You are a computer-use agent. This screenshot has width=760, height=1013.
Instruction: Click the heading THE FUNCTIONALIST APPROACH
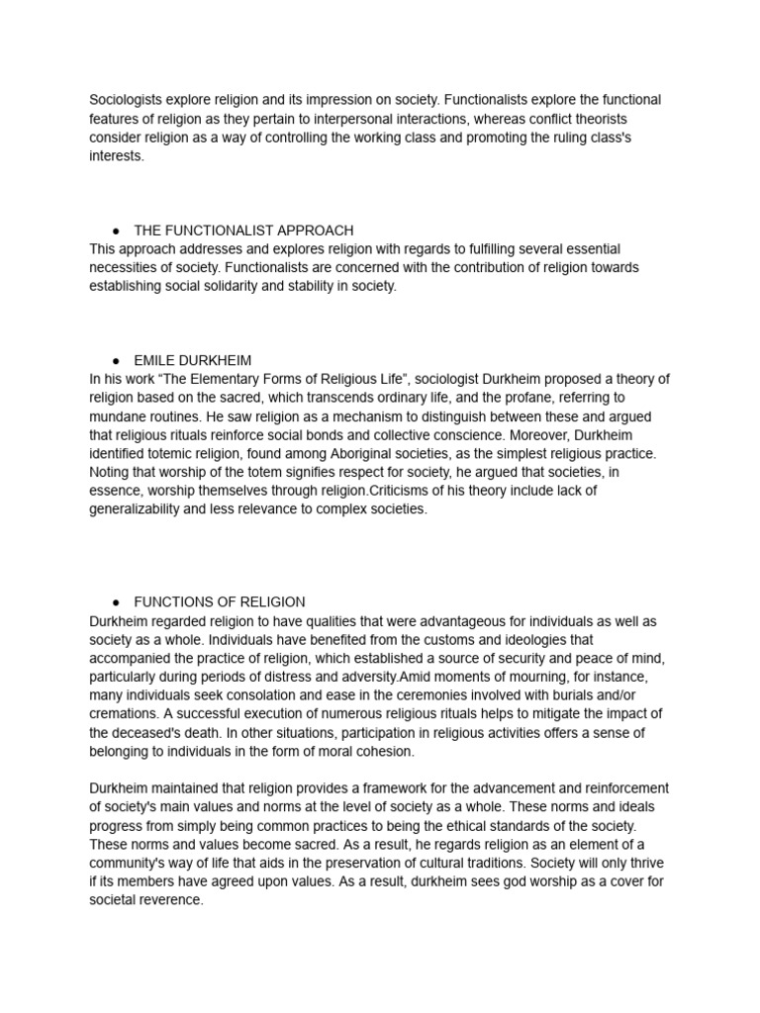pyautogui.click(x=243, y=230)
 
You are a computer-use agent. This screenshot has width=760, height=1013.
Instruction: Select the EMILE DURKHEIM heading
pyautogui.click(x=199, y=361)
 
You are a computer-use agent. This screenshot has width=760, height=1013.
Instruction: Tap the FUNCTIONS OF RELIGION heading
pyautogui.click(x=220, y=601)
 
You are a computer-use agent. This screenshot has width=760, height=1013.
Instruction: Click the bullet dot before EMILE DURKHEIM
pyautogui.click(x=116, y=361)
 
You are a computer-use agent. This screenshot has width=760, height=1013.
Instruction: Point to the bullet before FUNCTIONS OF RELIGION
pyautogui.click(x=116, y=601)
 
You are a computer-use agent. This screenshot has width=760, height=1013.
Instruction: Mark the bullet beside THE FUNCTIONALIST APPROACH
pyautogui.click(x=116, y=230)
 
